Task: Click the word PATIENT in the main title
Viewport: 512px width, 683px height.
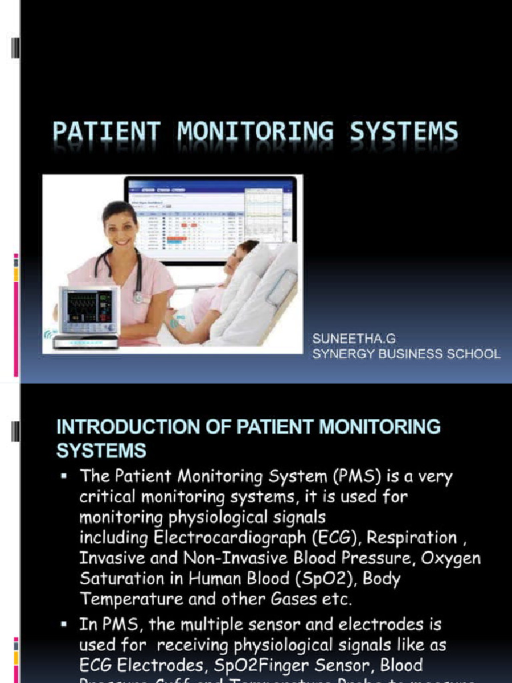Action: click(107, 131)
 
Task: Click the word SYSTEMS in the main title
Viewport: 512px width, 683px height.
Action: click(405, 131)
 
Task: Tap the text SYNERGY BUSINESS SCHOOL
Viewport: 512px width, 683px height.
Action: click(406, 354)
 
